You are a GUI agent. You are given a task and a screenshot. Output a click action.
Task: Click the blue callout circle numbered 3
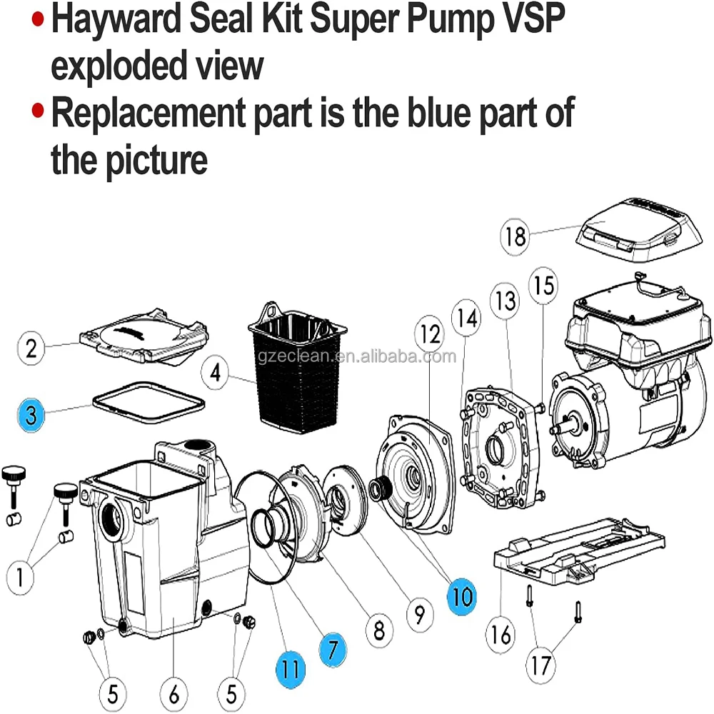click(x=31, y=414)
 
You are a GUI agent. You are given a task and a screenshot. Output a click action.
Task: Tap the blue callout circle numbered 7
click(x=333, y=649)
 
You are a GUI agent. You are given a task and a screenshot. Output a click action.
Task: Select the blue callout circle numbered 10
click(x=463, y=595)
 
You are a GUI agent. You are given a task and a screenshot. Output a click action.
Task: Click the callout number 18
click(x=516, y=236)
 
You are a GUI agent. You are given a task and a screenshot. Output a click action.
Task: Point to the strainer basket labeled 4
click(x=295, y=371)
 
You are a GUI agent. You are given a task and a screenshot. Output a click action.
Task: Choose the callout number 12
click(x=431, y=333)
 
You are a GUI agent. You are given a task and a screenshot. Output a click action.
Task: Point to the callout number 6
click(x=174, y=693)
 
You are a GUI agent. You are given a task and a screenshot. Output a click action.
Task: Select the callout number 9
click(x=418, y=613)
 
